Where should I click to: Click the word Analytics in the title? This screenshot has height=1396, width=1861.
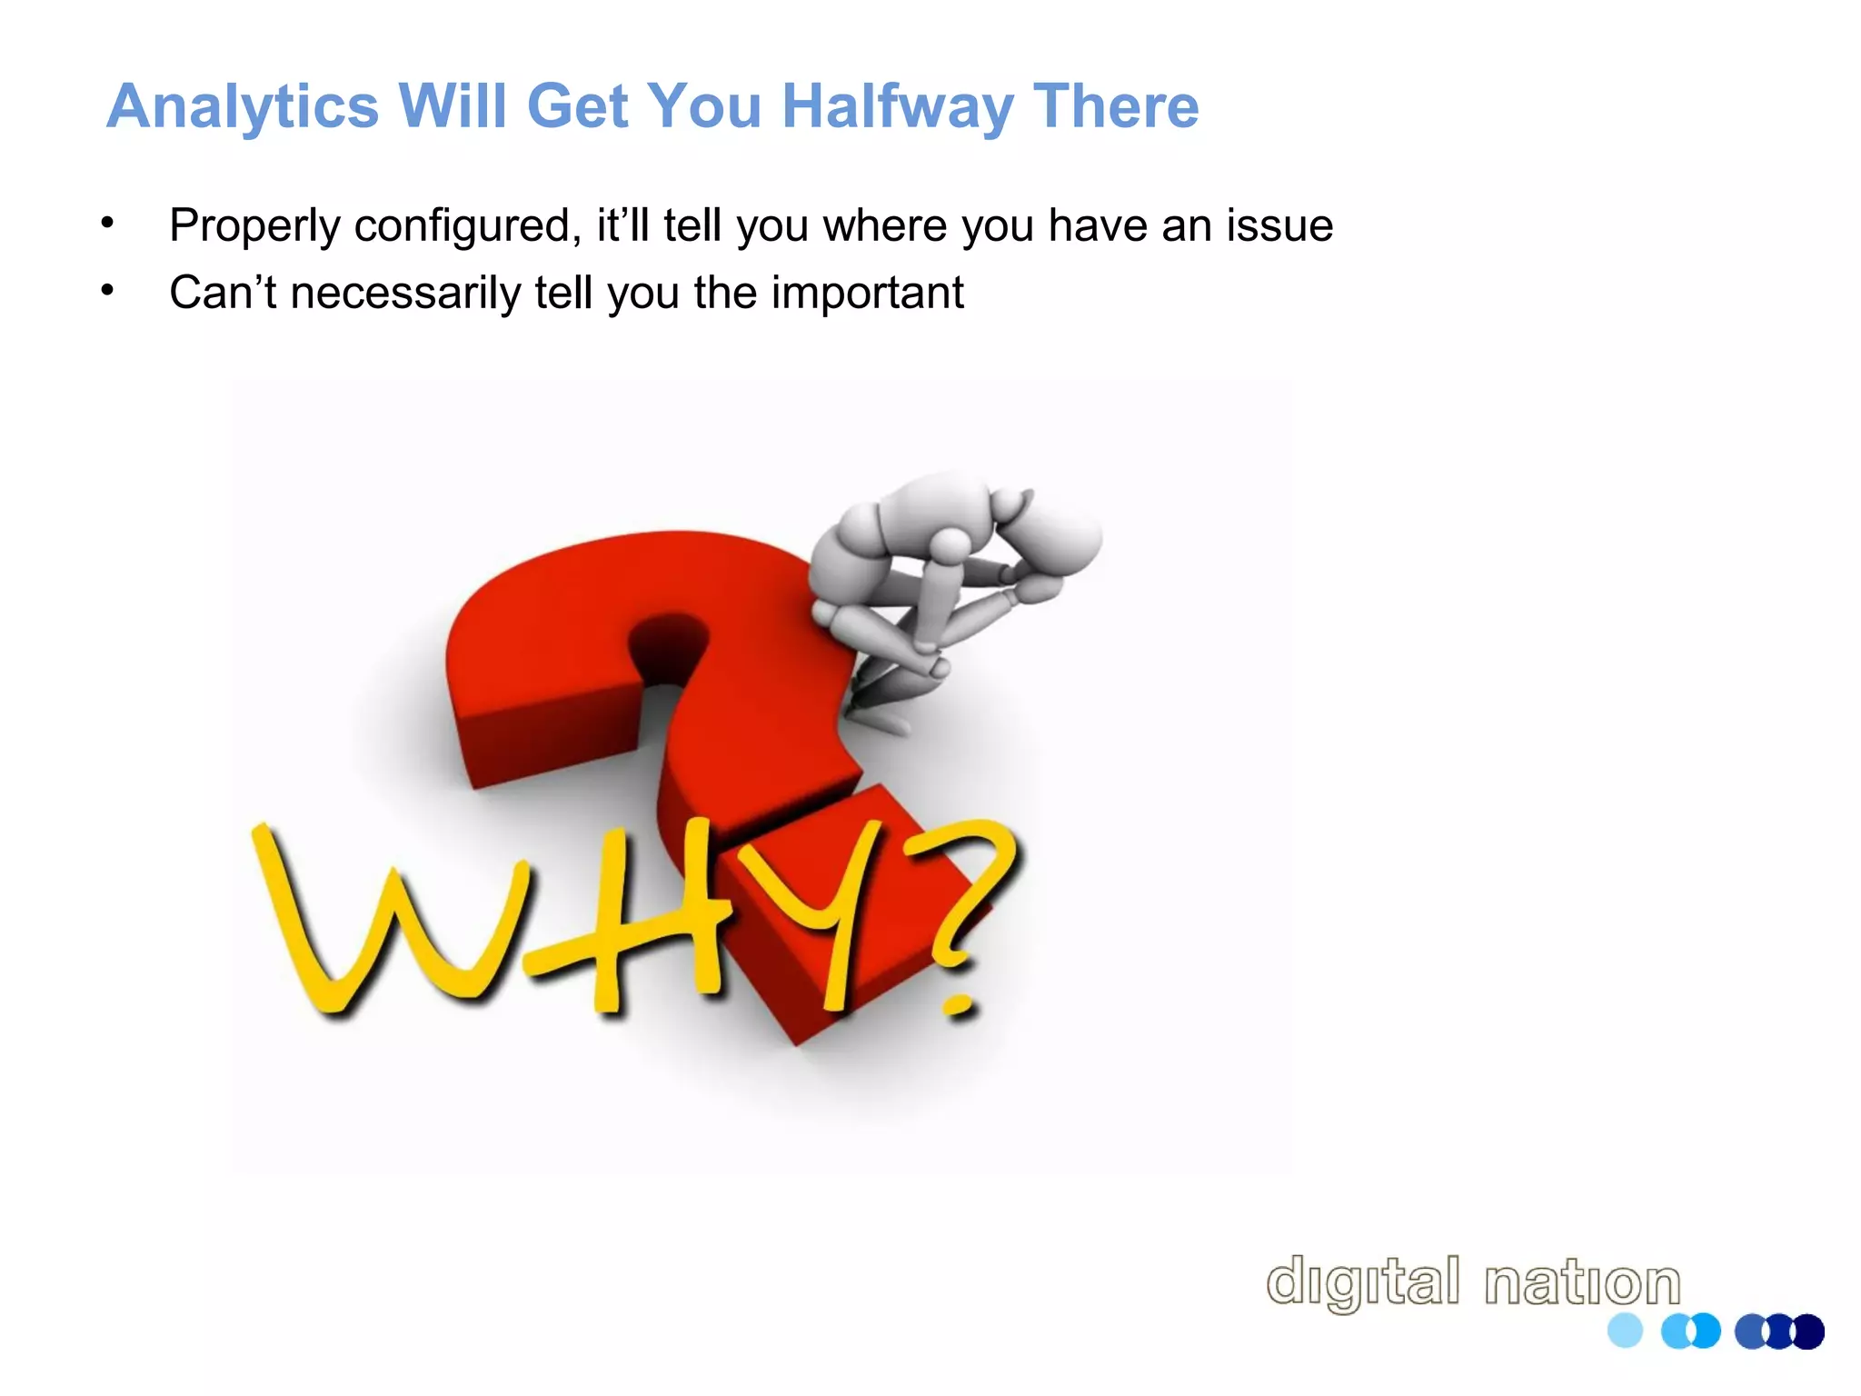pyautogui.click(x=242, y=108)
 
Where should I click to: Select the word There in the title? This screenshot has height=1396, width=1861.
pyautogui.click(x=1116, y=106)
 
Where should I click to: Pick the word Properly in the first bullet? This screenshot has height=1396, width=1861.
pyautogui.click(x=254, y=226)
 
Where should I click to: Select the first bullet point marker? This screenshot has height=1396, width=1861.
pyautogui.click(x=108, y=223)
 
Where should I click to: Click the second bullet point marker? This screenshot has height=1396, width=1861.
pyautogui.click(x=108, y=290)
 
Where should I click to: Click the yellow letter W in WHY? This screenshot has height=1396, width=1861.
pyautogui.click(x=382, y=918)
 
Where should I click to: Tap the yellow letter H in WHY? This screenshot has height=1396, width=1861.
pyautogui.click(x=627, y=918)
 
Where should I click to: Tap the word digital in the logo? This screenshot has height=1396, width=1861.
pyautogui.click(x=1362, y=1282)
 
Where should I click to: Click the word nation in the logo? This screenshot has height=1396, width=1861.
pyautogui.click(x=1582, y=1282)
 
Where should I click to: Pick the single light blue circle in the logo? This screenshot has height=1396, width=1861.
pyautogui.click(x=1625, y=1331)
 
